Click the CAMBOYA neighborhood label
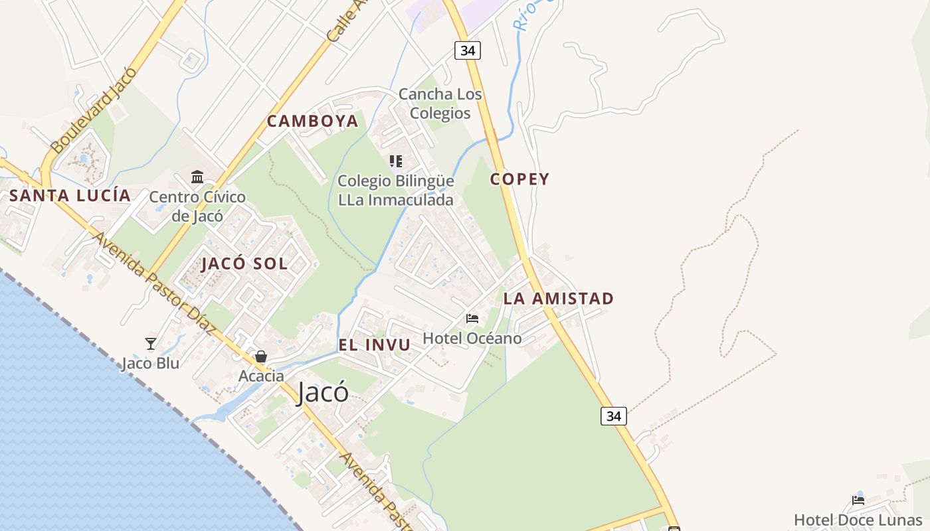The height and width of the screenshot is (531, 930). (312, 121)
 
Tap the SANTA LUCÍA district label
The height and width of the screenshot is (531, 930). (70, 196)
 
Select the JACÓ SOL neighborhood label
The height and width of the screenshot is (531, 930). (244, 264)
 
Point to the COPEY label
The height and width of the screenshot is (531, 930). (519, 179)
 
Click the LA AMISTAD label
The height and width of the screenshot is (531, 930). (558, 299)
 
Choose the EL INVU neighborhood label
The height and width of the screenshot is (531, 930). (374, 345)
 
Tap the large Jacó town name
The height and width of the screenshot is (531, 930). (322, 392)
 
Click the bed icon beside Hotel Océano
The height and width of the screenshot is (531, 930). (472, 319)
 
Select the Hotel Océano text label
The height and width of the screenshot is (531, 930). (472, 339)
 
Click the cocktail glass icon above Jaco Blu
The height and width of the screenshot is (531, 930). (151, 344)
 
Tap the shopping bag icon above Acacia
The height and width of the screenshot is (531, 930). (261, 356)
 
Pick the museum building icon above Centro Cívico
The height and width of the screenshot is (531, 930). (197, 177)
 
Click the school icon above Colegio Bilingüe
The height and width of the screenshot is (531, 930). (396, 161)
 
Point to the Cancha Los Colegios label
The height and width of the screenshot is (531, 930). (440, 104)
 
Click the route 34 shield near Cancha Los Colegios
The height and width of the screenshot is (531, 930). (468, 50)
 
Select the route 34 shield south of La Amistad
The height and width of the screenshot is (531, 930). (613, 416)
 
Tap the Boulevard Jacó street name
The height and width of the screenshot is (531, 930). (93, 110)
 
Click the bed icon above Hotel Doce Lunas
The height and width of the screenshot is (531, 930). (858, 500)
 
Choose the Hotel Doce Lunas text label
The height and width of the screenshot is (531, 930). (858, 520)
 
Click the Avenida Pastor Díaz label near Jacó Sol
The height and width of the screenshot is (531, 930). (154, 283)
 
